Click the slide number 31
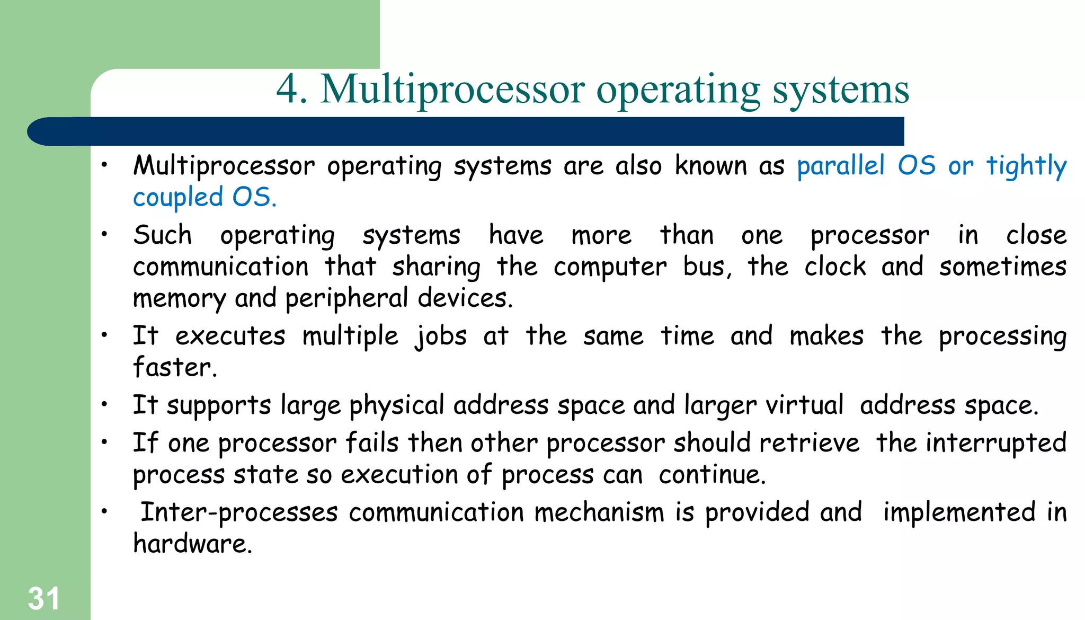point(43,599)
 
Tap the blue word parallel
point(841,166)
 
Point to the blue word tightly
point(1026,166)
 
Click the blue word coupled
point(178,198)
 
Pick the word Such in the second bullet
point(162,235)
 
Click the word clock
point(835,267)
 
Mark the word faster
point(174,367)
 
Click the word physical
point(396,406)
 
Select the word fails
point(371,443)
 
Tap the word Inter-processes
point(238,512)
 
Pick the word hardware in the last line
point(192,544)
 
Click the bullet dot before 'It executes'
point(105,335)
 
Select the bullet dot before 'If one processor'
point(105,442)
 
